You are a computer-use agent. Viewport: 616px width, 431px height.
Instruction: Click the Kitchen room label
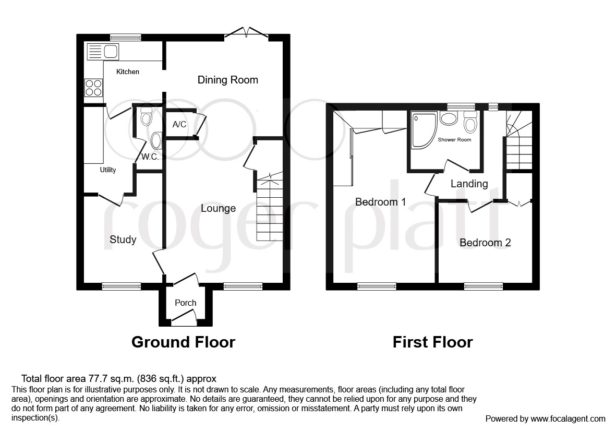(127, 71)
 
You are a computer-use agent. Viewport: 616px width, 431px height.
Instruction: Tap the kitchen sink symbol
(103, 52)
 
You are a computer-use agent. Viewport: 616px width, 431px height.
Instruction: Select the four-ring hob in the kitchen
(93, 87)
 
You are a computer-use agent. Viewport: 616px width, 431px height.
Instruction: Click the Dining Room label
(227, 80)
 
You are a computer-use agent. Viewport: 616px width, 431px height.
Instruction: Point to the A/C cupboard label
(179, 125)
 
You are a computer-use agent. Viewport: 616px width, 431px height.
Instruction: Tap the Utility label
(108, 170)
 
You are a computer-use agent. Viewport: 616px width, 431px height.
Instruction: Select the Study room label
(123, 240)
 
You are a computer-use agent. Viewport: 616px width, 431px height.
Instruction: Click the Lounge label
(218, 208)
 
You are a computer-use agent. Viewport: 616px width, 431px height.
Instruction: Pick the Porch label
(185, 303)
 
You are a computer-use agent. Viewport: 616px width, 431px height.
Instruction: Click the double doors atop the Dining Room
(246, 34)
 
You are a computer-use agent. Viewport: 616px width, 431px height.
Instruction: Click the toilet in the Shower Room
(470, 123)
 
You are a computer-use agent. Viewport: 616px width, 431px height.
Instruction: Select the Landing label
(469, 184)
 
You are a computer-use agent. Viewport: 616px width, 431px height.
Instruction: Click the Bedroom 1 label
(380, 201)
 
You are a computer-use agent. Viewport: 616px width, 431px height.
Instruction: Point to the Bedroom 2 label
(485, 243)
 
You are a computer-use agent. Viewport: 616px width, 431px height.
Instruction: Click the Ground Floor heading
(183, 342)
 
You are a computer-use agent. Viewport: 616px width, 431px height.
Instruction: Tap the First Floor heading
(432, 342)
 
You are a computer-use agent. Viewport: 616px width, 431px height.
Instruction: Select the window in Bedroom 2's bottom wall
(484, 286)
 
